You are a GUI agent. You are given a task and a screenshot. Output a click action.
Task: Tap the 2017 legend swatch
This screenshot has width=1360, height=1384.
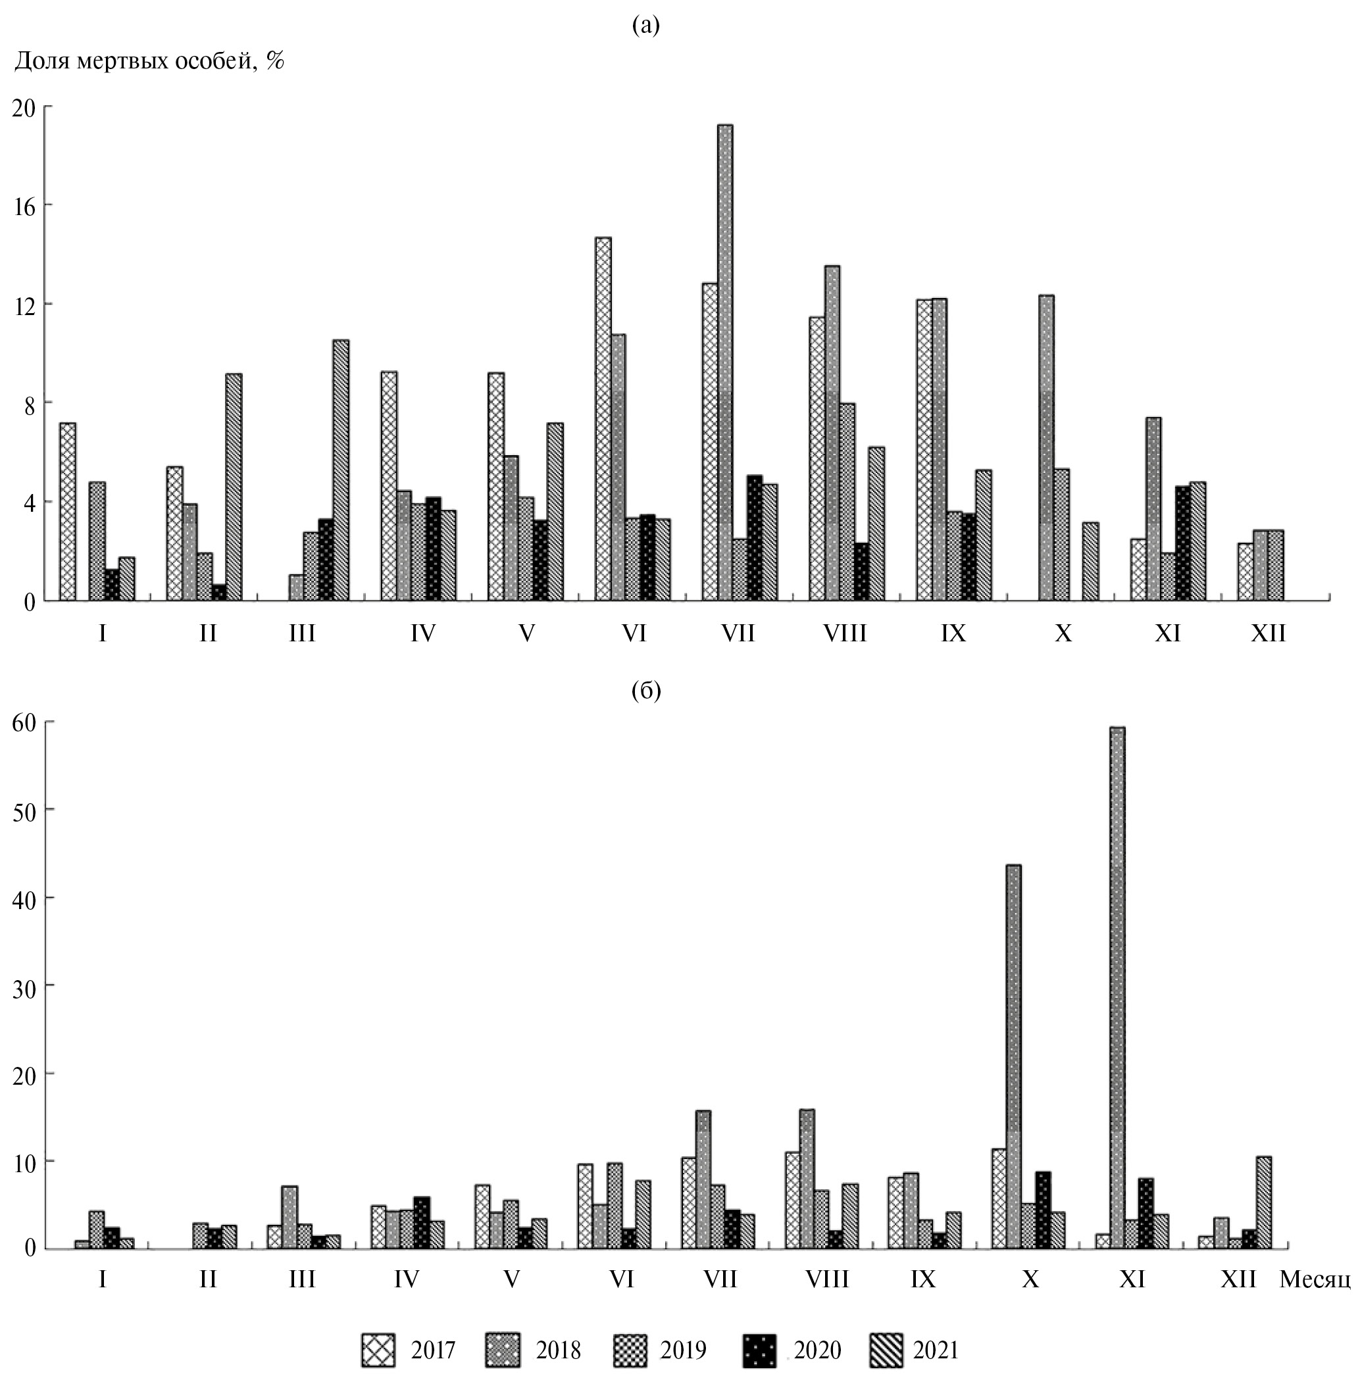pos(378,1350)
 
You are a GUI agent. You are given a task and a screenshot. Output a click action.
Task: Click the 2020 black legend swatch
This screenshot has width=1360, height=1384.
pos(759,1350)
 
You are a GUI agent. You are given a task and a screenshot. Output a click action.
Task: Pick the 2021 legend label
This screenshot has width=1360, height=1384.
pos(936,1350)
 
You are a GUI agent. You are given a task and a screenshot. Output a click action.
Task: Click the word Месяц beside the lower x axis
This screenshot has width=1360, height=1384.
pos(1315,1278)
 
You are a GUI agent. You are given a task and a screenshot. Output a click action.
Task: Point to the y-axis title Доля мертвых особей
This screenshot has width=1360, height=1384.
pos(149,61)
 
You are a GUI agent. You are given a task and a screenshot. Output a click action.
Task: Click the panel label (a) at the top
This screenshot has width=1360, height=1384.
pos(645,26)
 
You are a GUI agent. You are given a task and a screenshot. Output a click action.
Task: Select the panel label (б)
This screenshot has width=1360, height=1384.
pos(646,691)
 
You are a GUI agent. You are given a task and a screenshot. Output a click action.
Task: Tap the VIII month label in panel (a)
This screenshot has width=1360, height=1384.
pos(845,633)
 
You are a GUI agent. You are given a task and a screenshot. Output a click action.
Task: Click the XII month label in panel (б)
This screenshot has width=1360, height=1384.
pos(1238,1278)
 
